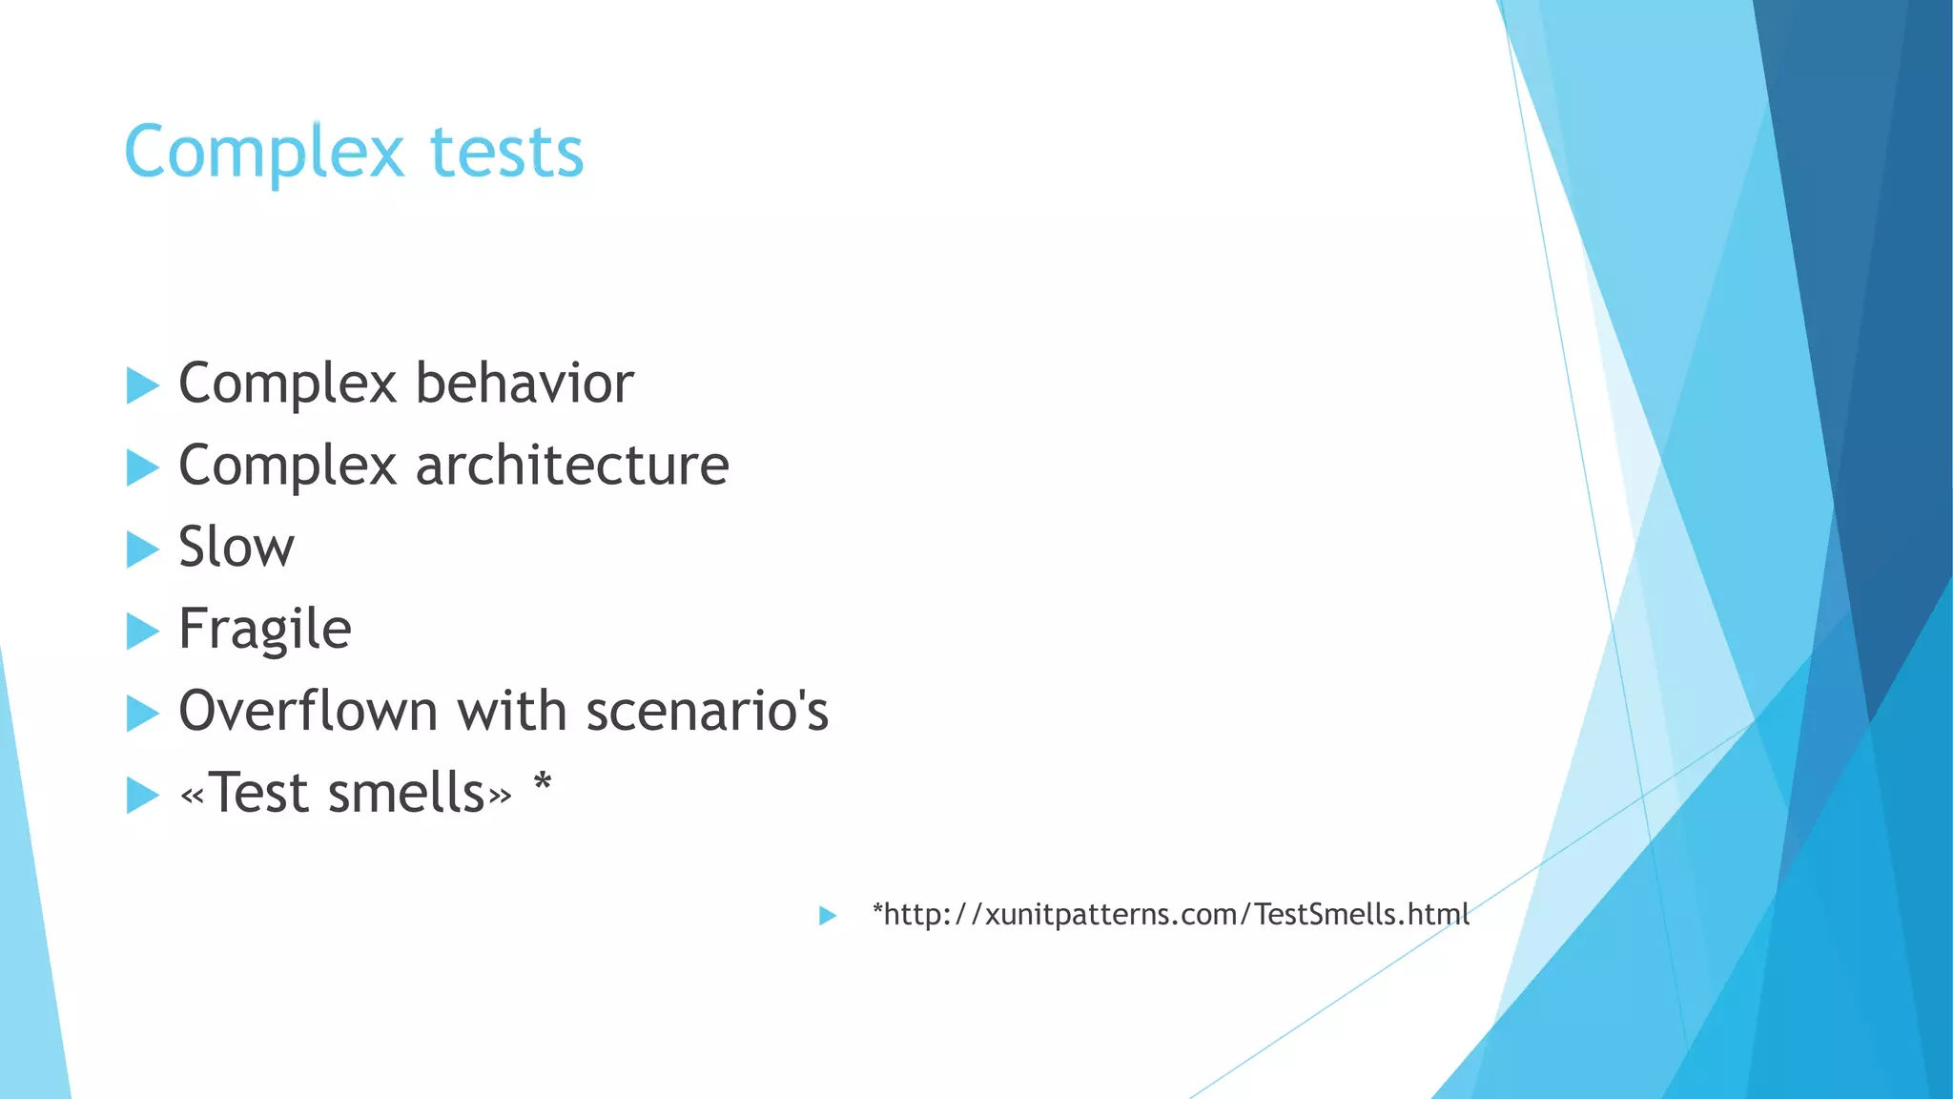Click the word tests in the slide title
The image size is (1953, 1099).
(x=506, y=154)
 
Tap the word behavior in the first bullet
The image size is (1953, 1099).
(x=524, y=384)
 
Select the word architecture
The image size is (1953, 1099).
(x=572, y=466)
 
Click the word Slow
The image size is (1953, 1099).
(x=236, y=548)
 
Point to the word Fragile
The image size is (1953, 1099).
(x=265, y=630)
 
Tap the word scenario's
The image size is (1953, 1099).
(x=707, y=712)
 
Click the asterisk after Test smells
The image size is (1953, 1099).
(x=542, y=786)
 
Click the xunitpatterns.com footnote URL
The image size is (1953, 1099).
(x=1170, y=915)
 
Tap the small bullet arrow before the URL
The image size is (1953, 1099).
(x=827, y=916)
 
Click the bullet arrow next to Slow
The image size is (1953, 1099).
(x=142, y=549)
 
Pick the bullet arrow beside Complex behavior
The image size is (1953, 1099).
(x=142, y=386)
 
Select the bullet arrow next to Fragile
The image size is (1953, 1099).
(x=142, y=632)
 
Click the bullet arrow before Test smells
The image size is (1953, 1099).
(x=142, y=796)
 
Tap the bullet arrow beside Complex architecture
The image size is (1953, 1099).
(x=142, y=468)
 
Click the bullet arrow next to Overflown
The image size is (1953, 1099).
(x=142, y=714)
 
